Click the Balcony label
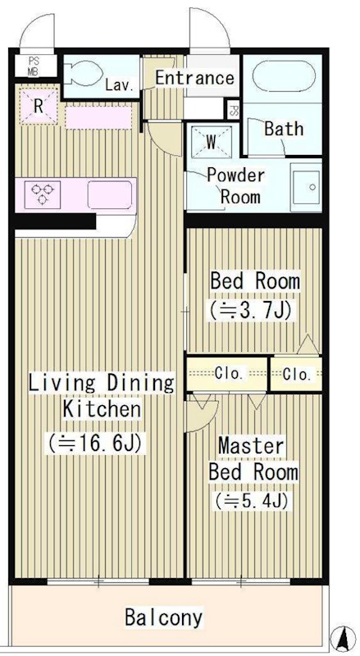click(163, 617)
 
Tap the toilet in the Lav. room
click(82, 76)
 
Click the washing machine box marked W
click(211, 142)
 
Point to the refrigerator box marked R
click(39, 105)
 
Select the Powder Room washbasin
click(306, 187)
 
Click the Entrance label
click(194, 79)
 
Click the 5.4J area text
click(252, 499)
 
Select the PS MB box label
click(34, 65)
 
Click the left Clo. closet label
click(228, 374)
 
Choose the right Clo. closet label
click(297, 375)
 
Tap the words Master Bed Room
click(252, 459)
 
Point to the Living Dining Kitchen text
click(102, 395)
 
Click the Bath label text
click(283, 129)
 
